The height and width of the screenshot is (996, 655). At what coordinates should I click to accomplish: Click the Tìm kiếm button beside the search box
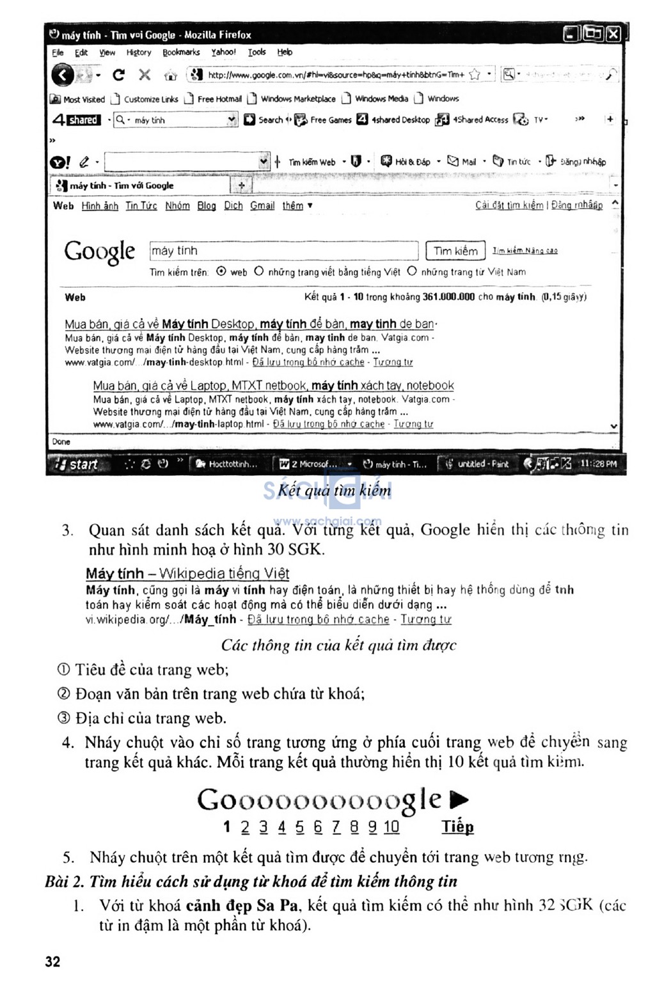455,251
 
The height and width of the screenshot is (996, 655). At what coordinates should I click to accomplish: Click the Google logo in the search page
100,252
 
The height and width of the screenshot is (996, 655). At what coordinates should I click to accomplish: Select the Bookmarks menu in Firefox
181,52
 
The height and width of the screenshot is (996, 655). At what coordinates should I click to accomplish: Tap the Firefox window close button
613,34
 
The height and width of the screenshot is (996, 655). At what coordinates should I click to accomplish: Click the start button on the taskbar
78,464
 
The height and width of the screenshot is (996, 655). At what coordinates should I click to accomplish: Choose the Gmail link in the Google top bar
262,205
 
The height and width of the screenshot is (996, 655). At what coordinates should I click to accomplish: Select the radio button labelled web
221,271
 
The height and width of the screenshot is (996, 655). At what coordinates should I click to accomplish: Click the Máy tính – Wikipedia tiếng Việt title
187,573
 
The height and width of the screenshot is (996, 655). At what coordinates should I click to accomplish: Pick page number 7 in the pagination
336,826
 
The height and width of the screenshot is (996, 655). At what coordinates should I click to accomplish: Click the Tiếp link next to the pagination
457,826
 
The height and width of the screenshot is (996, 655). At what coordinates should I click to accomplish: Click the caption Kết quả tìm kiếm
334,491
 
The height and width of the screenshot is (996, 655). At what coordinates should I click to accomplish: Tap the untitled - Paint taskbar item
477,464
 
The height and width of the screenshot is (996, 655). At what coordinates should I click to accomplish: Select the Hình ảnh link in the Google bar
100,205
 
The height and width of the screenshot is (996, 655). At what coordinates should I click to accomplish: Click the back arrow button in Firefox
62,75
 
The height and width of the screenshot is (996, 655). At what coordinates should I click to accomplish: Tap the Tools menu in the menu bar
256,52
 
